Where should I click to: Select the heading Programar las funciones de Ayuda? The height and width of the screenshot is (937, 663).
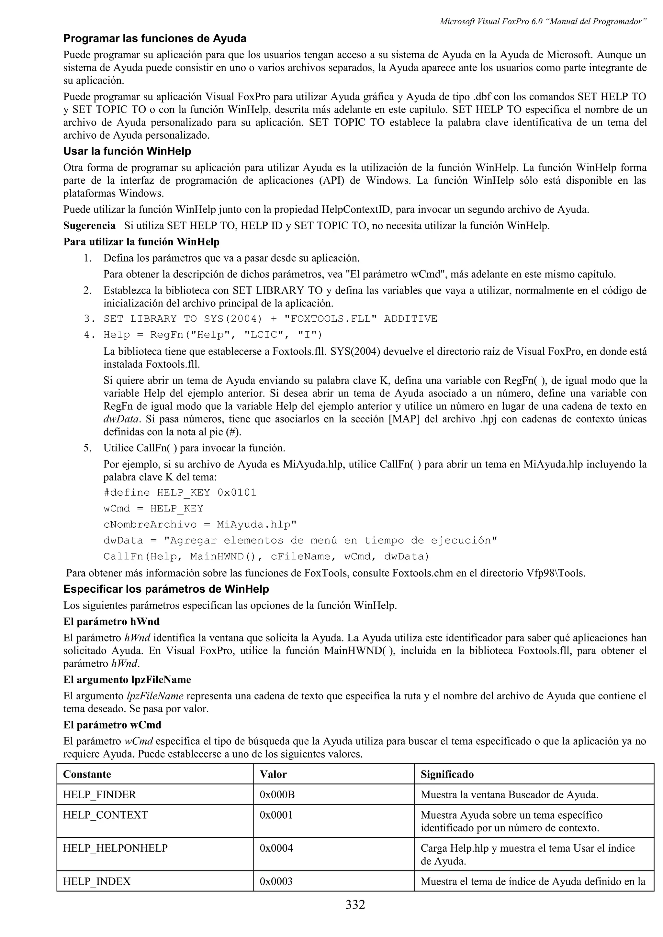(155, 39)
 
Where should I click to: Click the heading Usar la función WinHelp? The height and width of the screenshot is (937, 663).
(127, 151)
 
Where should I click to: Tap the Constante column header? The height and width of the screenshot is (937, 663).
(87, 774)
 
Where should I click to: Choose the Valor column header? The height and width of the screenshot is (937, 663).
(273, 774)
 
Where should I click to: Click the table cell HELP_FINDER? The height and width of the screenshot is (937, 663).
(99, 794)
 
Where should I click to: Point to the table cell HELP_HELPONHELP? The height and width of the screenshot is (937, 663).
(115, 848)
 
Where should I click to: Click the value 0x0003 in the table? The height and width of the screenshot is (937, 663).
(276, 881)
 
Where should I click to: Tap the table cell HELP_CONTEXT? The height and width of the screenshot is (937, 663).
(106, 815)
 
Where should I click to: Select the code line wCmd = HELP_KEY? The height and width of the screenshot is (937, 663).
(153, 509)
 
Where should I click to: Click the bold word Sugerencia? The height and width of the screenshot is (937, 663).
(89, 226)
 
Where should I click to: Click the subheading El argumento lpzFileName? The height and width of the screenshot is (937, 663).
(127, 680)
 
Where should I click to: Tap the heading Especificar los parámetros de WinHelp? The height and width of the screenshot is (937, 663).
(166, 589)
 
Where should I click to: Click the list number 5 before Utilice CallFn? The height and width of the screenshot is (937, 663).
(87, 448)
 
